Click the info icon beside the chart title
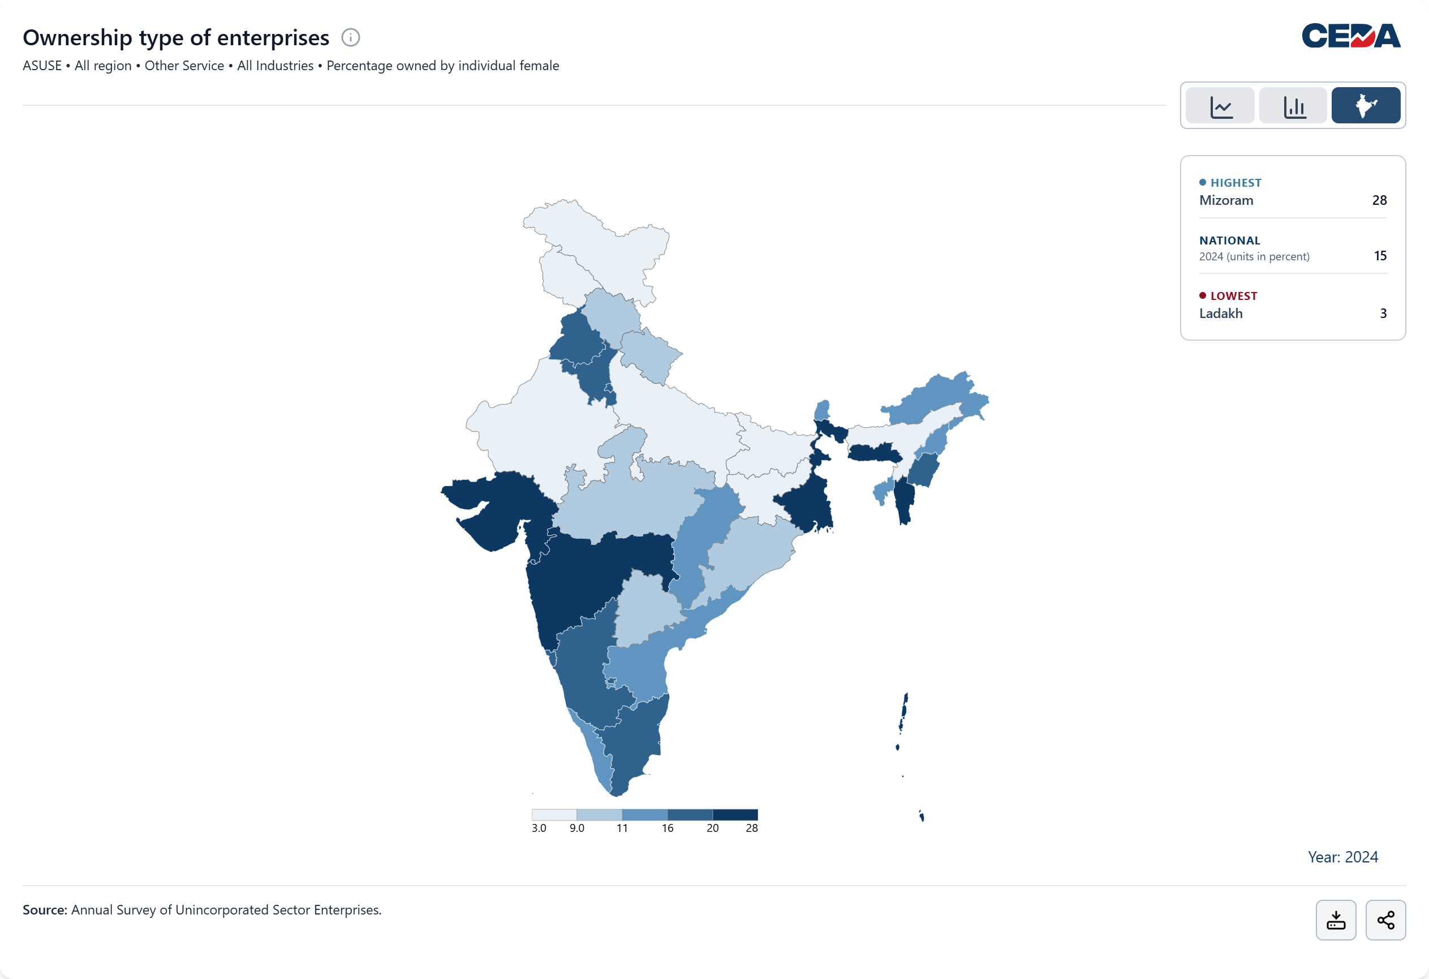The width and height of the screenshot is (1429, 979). pos(351,37)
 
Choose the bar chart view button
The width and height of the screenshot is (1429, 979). pos(1294,106)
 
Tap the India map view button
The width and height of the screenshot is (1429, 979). pos(1366,106)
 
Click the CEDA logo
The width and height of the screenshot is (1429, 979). pos(1351,36)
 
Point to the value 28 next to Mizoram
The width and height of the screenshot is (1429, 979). pos(1379,200)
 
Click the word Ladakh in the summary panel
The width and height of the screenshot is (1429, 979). pos(1221,314)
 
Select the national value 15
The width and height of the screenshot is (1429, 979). pos(1380,256)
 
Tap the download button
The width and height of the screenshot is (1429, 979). pos(1336,920)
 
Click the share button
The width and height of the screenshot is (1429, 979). pos(1385,920)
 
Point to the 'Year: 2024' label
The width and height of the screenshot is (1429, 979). pos(1342,857)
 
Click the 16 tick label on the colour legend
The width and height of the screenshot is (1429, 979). pos(668,828)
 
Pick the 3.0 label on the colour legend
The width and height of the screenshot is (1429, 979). pos(539,828)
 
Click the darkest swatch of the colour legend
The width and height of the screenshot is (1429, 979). pos(735,815)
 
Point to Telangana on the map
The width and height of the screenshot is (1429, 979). pos(645,609)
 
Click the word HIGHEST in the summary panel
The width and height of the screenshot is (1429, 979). pos(1236,183)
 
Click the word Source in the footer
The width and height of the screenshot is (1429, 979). pos(44,910)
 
